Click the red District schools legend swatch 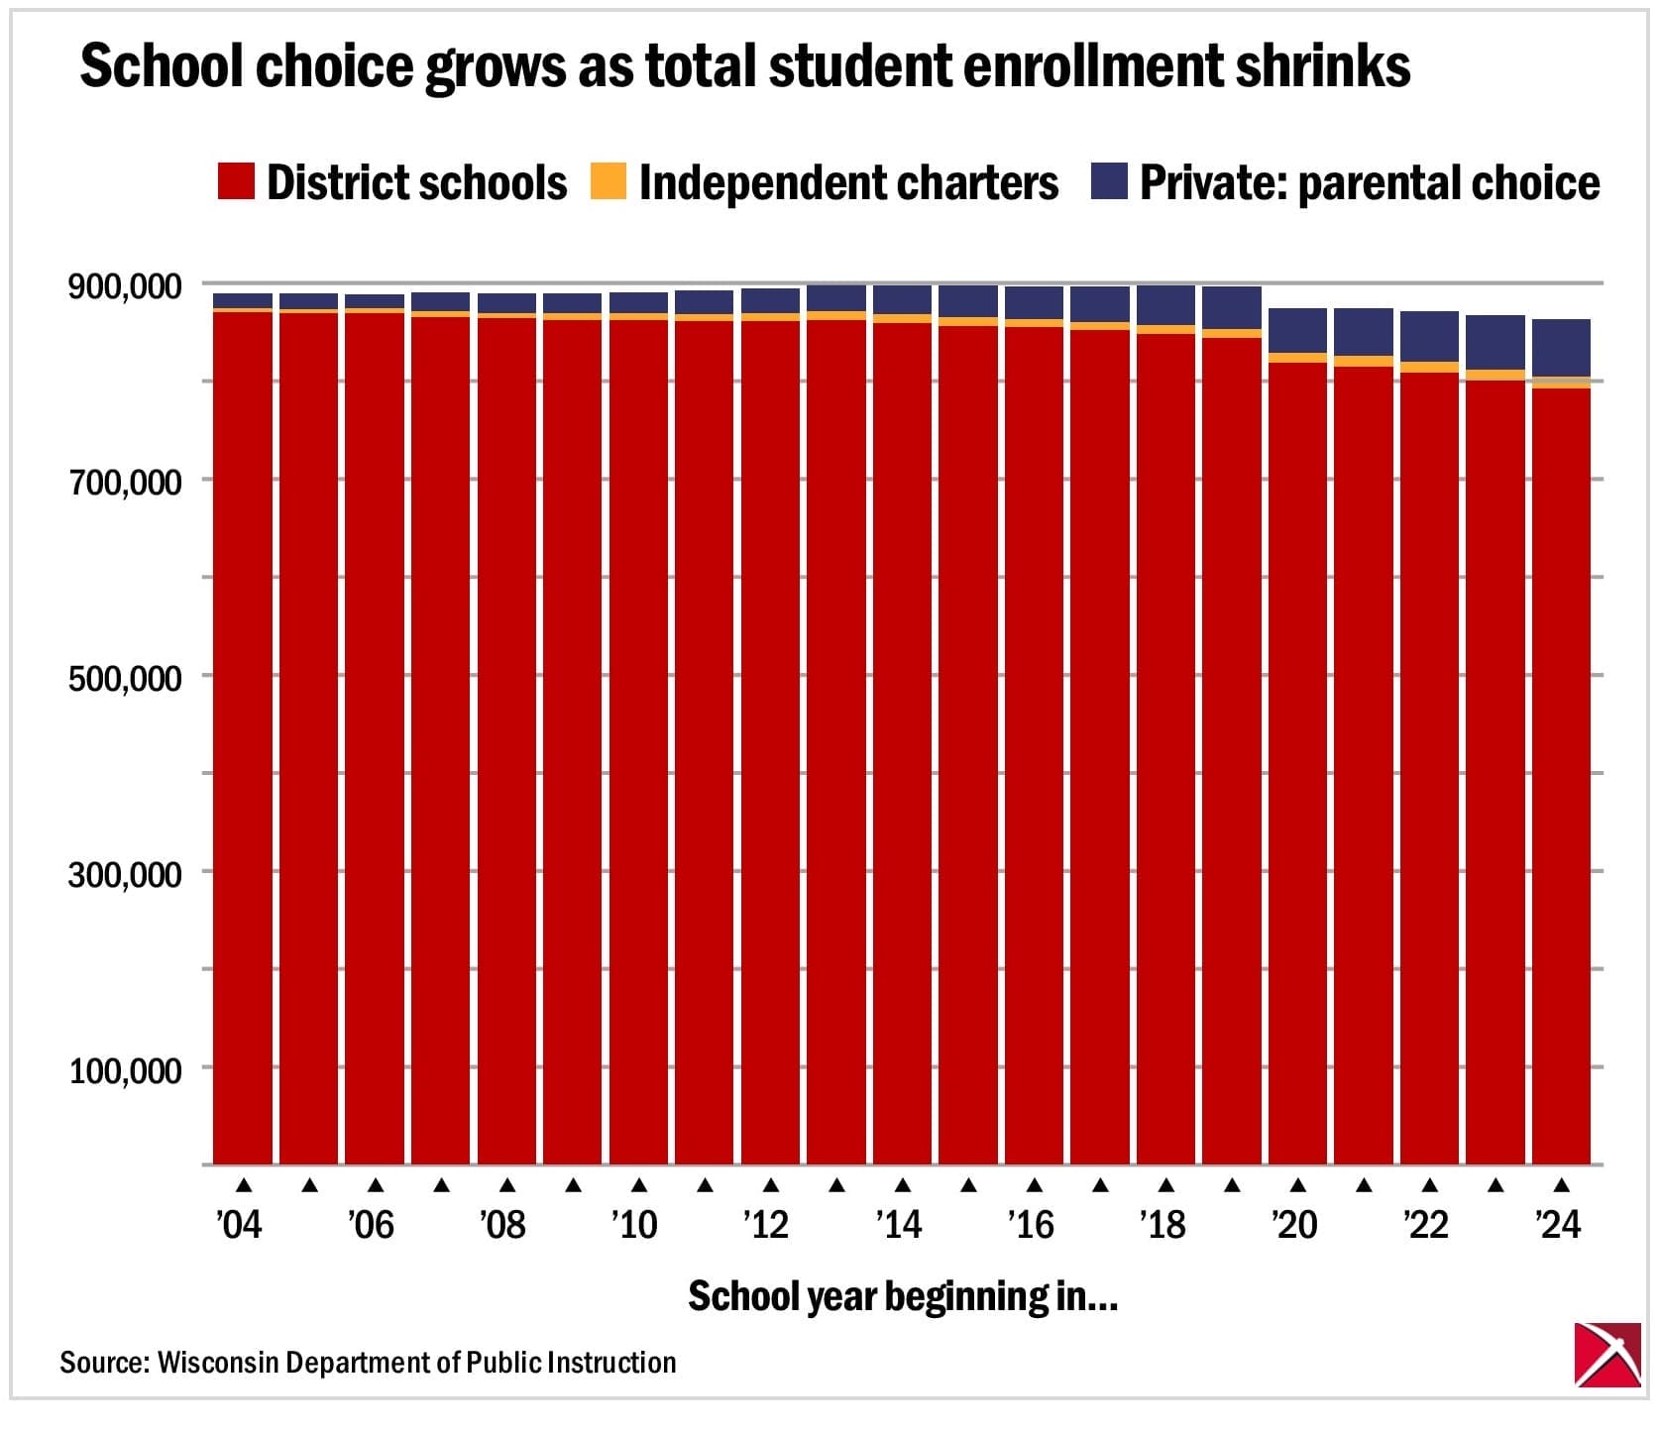coord(236,182)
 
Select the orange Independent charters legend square coord(609,182)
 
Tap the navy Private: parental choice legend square coord(1109,182)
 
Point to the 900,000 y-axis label coord(125,287)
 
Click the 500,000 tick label coord(125,679)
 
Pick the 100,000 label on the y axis coord(125,1070)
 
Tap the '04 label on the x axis coord(239,1225)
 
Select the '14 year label coord(898,1225)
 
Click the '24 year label coord(1558,1225)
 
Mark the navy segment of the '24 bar coord(1561,348)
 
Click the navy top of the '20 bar coord(1297,331)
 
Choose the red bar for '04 coord(243,733)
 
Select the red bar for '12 coord(770,733)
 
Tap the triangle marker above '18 coord(1166,1184)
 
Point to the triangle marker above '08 coord(507,1184)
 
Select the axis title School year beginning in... coord(902,1296)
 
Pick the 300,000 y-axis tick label coord(125,875)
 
